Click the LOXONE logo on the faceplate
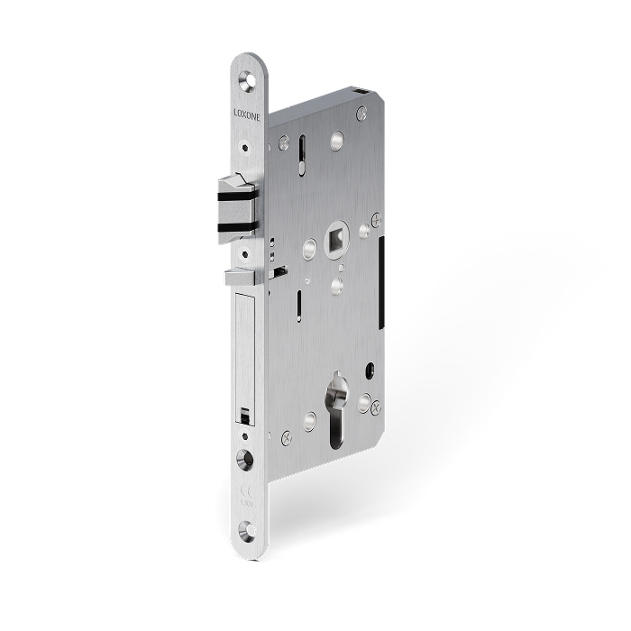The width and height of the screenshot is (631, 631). click(245, 114)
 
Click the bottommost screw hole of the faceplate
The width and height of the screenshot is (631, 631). click(245, 531)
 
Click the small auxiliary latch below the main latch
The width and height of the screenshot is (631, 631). click(242, 279)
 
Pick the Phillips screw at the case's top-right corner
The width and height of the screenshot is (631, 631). click(361, 113)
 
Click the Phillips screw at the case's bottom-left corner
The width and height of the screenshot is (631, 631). click(286, 438)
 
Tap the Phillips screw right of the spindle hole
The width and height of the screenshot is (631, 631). click(376, 219)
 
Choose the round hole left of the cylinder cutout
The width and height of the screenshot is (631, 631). click(310, 419)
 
